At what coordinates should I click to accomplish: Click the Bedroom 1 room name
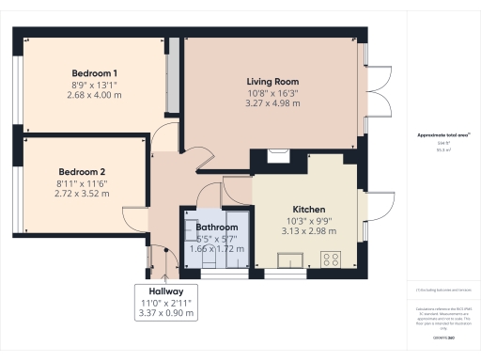pyautogui.click(x=94, y=73)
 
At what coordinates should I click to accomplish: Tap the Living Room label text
pyautogui.click(x=273, y=82)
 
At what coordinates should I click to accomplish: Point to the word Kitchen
pyautogui.click(x=308, y=209)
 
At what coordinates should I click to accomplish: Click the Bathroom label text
pyautogui.click(x=216, y=228)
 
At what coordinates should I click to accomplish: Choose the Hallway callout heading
pyautogui.click(x=166, y=290)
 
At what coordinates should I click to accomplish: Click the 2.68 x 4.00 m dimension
pyautogui.click(x=94, y=95)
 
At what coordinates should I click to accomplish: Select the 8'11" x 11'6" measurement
pyautogui.click(x=84, y=183)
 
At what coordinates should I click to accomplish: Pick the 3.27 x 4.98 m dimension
pyautogui.click(x=273, y=103)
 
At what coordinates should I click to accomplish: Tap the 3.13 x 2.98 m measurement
pyautogui.click(x=308, y=231)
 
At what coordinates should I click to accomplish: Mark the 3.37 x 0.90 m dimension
pyautogui.click(x=166, y=313)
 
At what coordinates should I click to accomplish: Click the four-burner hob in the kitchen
pyautogui.click(x=332, y=257)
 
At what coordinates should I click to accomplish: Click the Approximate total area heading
pyautogui.click(x=442, y=135)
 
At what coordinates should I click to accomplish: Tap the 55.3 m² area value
pyautogui.click(x=442, y=149)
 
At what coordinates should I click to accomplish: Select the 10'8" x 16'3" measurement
pyautogui.click(x=273, y=93)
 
